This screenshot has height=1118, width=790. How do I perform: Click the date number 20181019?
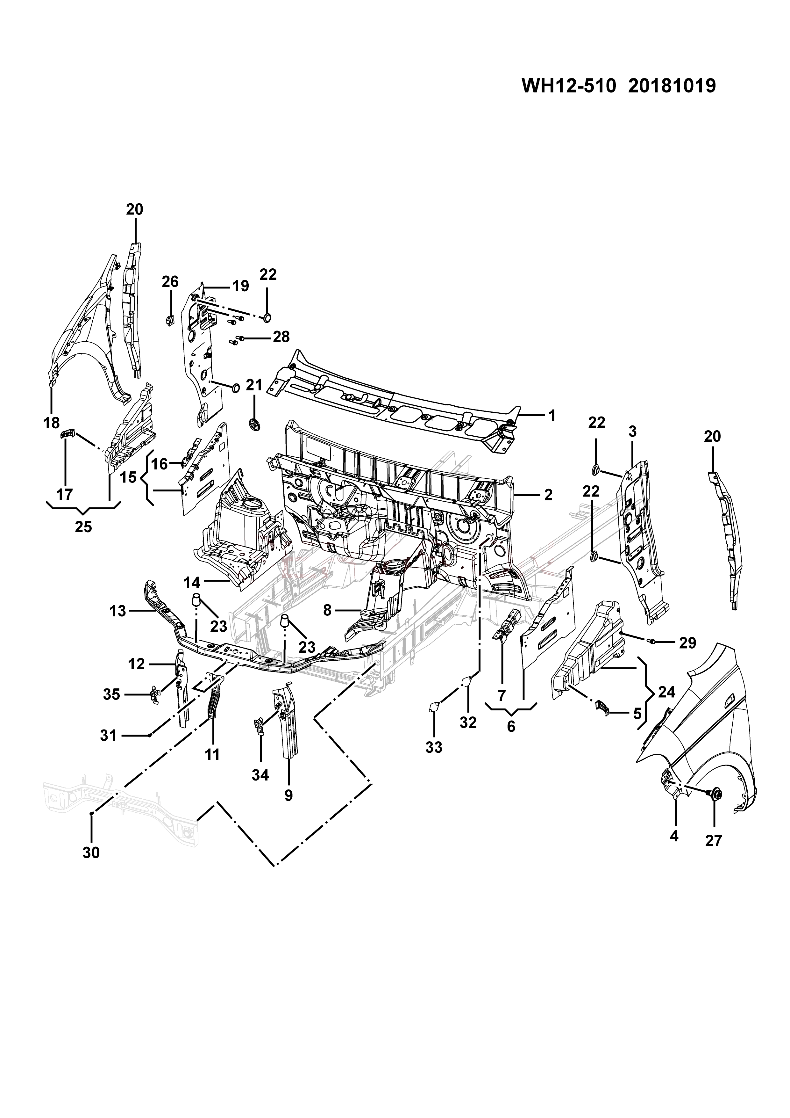(672, 86)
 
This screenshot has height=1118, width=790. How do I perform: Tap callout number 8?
(327, 610)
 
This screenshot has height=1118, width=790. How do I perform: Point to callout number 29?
(687, 643)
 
